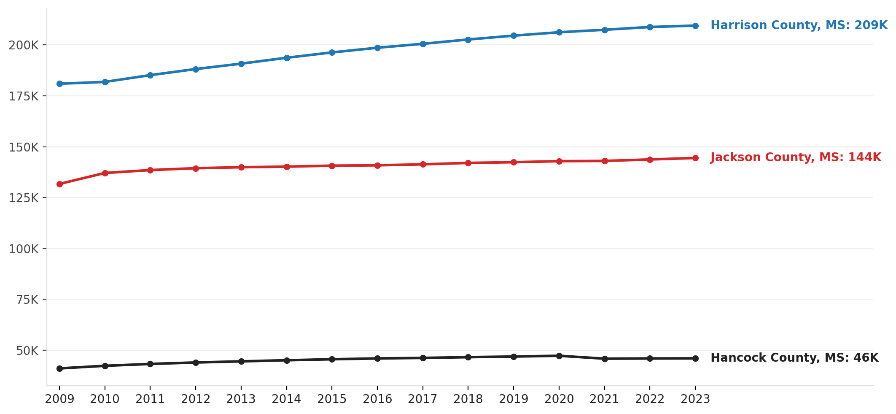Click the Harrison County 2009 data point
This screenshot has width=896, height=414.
coord(59,84)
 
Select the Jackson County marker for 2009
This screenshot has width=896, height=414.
coord(59,184)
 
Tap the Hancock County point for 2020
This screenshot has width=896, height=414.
coord(559,356)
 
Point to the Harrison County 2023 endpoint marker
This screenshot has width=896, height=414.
coord(695,26)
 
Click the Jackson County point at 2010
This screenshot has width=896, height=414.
coord(105,173)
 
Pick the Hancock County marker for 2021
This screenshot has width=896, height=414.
coord(605,359)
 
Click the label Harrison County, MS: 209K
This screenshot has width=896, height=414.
coord(799,25)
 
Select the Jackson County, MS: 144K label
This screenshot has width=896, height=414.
coord(796,157)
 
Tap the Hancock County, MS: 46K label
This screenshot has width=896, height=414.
coord(794,358)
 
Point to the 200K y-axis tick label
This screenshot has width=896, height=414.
coord(24,45)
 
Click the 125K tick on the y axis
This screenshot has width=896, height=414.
coord(24,198)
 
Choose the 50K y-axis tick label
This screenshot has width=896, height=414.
coord(27,351)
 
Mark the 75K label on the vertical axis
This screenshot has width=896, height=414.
coord(27,300)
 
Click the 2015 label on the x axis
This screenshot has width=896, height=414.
coord(332,399)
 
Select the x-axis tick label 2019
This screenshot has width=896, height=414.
coord(514,399)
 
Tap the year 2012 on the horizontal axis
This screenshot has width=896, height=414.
coord(196,399)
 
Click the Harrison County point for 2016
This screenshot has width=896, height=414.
coord(377,48)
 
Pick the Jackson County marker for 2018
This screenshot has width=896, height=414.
coord(468,163)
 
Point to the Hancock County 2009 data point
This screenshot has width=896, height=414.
coord(59,368)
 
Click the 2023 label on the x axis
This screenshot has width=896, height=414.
coord(695,399)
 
